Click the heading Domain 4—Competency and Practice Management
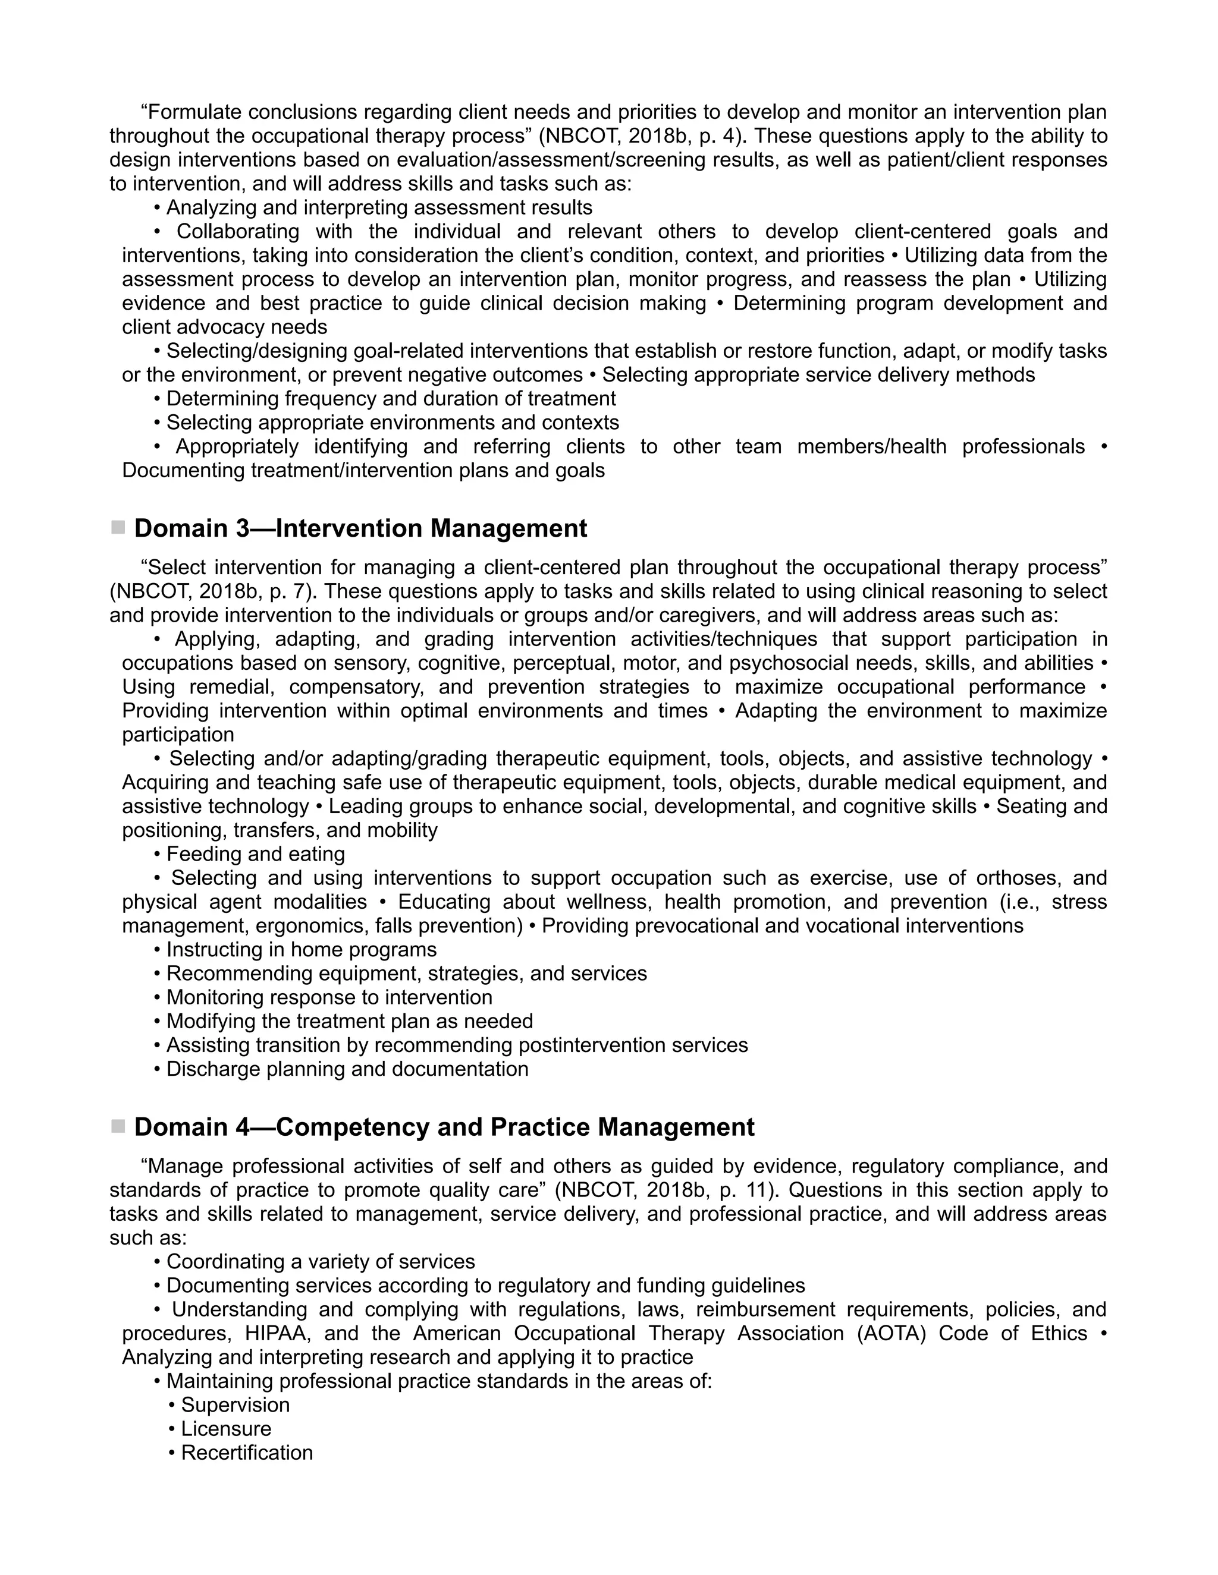(444, 1127)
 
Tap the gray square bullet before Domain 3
(118, 528)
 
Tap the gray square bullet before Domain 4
(118, 1126)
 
